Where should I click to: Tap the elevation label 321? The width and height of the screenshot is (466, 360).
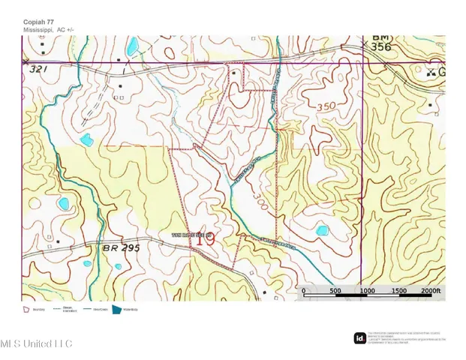[x=39, y=69]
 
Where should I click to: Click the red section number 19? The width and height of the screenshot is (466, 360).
[x=205, y=240]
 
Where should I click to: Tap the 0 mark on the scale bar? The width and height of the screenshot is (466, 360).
[x=303, y=291]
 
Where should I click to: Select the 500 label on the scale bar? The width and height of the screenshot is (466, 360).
[x=335, y=291]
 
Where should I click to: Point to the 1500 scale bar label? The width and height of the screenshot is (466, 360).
[x=398, y=291]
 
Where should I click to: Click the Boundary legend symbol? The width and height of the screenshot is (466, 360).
[x=27, y=308]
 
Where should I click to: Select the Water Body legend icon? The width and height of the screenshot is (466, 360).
[x=117, y=308]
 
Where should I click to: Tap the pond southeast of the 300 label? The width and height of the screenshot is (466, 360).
[x=323, y=230]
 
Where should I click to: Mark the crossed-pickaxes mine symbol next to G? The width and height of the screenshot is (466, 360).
[x=430, y=73]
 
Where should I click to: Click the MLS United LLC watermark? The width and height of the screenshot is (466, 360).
[x=36, y=343]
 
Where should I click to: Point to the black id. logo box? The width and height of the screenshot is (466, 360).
[x=359, y=338]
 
